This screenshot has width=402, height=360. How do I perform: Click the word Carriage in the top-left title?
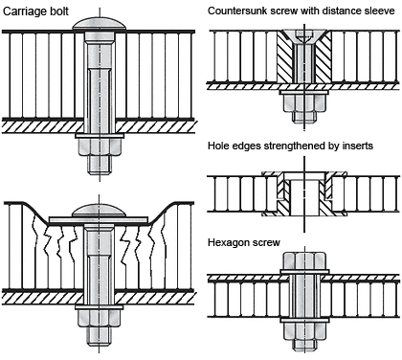point(25,11)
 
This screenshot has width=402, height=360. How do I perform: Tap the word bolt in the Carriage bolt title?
point(59,11)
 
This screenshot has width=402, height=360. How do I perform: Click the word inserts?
point(358,146)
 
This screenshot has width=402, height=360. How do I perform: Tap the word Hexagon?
point(228,243)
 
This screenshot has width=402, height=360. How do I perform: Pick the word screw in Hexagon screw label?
point(265,243)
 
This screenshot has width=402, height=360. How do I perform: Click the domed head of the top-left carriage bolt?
point(100,24)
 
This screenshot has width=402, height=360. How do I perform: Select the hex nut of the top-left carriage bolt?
point(100,146)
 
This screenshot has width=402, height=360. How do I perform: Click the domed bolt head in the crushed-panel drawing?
point(99,210)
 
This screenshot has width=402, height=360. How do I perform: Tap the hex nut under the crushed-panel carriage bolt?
point(99,319)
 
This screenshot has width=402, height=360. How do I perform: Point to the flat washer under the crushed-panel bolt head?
point(99,220)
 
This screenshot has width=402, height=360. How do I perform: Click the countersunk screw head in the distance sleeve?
point(304,37)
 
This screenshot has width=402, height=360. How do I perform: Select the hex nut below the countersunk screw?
point(304,103)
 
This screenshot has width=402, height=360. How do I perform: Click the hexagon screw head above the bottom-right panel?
point(304,260)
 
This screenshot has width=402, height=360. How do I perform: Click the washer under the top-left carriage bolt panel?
point(100,136)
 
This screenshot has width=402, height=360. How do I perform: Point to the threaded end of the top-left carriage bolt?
point(100,165)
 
